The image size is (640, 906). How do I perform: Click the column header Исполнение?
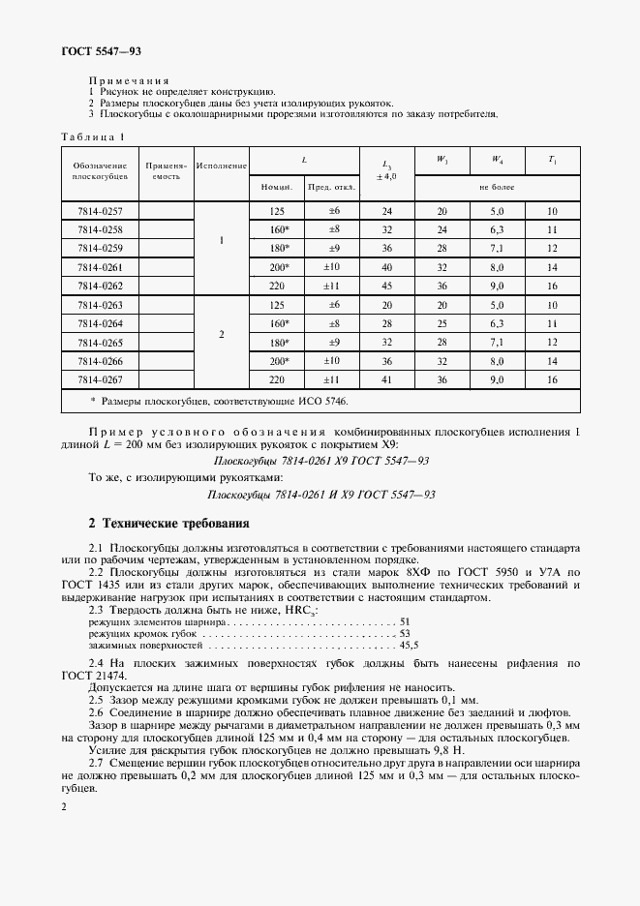coord(222,166)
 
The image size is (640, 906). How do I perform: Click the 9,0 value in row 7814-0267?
coord(497,379)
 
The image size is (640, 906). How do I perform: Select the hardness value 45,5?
coord(409,644)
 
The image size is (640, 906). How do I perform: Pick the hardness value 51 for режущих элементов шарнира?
coord(405,620)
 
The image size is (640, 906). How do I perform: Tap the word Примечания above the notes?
coord(129,80)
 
